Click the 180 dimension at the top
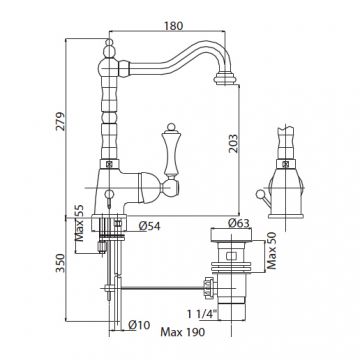click(174, 26)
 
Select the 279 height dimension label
click(61, 121)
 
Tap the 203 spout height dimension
click(234, 143)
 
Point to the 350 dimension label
click(61, 263)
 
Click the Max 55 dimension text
click(79, 223)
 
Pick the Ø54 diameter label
click(149, 226)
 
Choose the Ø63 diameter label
click(239, 223)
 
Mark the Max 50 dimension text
click(272, 250)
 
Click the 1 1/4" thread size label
click(202, 314)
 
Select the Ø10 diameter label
click(139, 324)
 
